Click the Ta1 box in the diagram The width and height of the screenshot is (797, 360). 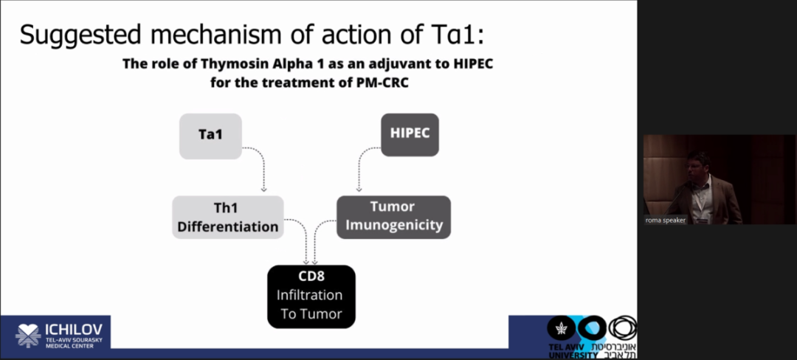point(210,136)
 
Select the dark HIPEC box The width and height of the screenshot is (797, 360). point(410,134)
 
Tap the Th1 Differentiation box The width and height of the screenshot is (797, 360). point(228,217)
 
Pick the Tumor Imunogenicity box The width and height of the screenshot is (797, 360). point(393,216)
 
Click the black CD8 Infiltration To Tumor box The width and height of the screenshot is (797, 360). point(311,297)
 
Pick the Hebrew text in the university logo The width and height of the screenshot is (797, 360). point(620,350)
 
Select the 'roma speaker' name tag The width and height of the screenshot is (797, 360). point(664,220)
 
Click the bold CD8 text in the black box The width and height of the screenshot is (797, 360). point(310,277)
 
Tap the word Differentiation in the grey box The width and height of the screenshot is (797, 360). point(228,226)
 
